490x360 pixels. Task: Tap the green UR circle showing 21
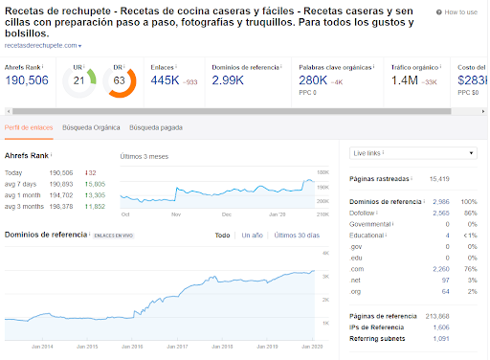click(79, 82)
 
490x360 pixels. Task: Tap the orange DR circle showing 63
click(120, 82)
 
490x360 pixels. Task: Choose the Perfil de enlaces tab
click(29, 127)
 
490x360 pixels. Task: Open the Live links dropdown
click(412, 153)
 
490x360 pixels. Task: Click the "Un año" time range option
click(252, 235)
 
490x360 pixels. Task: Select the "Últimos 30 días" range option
click(298, 235)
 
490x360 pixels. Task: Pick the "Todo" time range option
click(222, 235)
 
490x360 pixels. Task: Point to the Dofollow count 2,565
click(442, 211)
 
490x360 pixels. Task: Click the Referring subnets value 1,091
click(442, 337)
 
